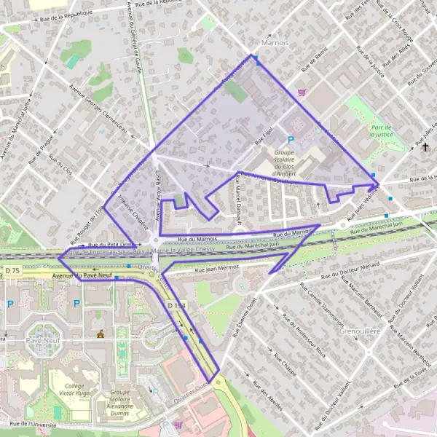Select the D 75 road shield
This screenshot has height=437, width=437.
12,271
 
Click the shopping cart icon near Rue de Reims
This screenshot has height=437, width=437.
301,92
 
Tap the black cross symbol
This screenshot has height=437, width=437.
425,147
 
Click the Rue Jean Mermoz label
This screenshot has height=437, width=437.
216,270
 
